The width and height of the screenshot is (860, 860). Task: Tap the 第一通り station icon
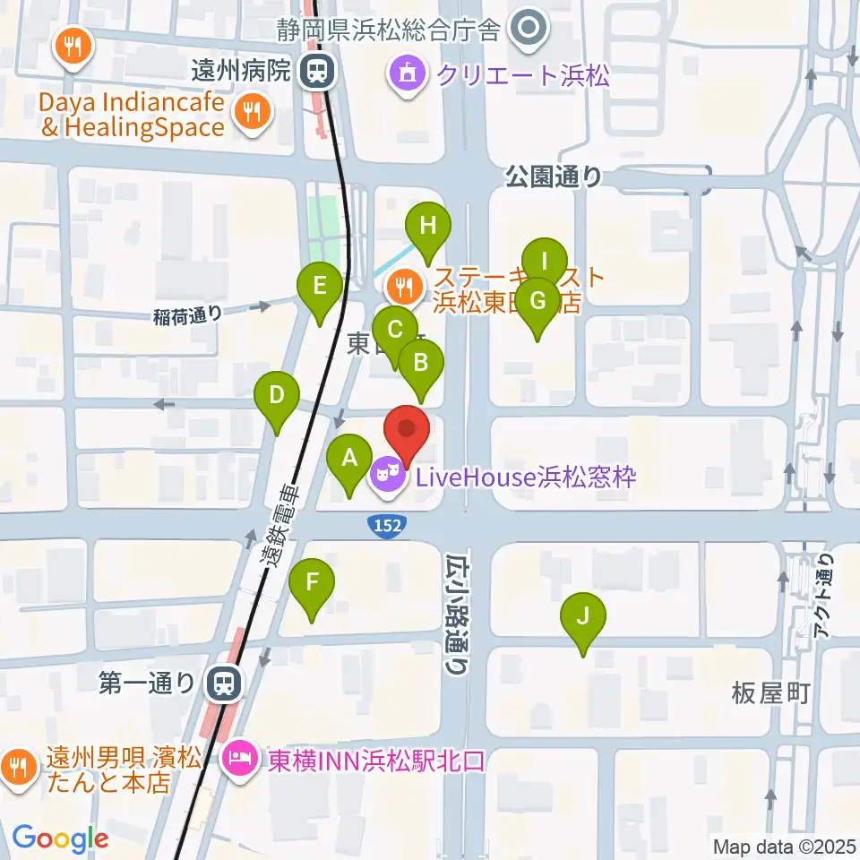tap(220, 685)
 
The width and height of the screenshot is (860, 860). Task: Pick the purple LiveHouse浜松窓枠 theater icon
tap(388, 475)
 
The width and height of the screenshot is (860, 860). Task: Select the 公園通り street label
tap(554, 176)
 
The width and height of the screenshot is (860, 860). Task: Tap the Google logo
tap(60, 838)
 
